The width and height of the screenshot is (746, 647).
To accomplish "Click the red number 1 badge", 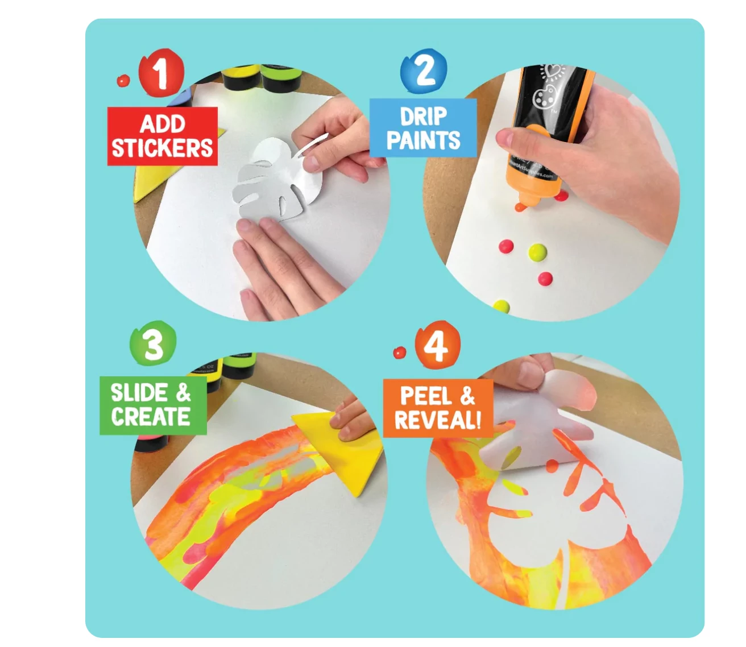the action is pos(161,73).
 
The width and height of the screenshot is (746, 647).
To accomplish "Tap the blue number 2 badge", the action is pos(423,72).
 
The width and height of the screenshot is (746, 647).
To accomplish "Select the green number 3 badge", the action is pos(153,343).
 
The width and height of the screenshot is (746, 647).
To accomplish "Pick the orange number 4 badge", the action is pos(437,345).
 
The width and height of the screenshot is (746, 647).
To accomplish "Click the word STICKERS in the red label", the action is pos(162,148).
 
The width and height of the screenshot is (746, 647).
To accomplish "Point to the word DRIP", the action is pos(423,117).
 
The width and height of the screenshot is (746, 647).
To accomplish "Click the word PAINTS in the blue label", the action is pos(423,140).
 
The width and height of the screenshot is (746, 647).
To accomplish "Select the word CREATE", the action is pos(151,416).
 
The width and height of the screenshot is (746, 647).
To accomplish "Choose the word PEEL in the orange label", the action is pos(424,396).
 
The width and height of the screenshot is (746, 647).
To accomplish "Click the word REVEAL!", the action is pos(438,420).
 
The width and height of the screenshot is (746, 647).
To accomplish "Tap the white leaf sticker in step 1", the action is pos(279,180).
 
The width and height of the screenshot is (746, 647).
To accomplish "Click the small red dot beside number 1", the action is pos(123,81).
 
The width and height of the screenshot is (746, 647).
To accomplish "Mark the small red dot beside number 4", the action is pos(400,352).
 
